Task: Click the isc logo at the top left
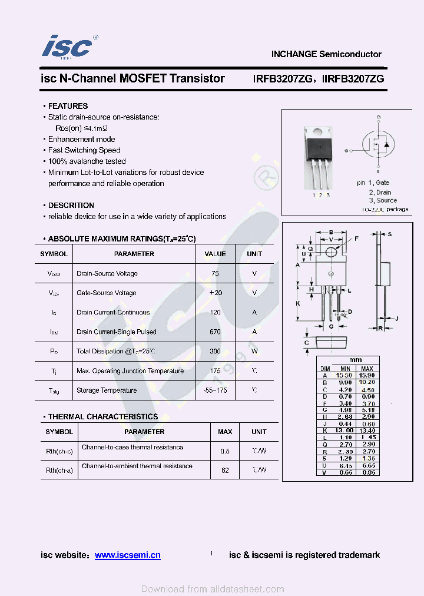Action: tap(67, 47)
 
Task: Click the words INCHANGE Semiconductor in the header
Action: tap(326, 54)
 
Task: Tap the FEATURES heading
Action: tap(68, 106)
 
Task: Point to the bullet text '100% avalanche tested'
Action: tap(87, 161)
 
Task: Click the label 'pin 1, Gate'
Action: tap(373, 183)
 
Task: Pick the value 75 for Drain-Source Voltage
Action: tap(215, 273)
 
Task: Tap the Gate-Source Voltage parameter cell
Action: tap(107, 293)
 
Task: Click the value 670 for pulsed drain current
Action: tap(215, 332)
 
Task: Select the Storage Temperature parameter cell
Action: tap(107, 390)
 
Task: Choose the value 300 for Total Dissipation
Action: tap(215, 352)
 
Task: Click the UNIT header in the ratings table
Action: tap(254, 254)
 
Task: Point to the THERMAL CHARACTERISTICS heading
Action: tap(103, 416)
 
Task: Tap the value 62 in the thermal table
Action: tap(225, 470)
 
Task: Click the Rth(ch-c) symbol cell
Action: tap(59, 451)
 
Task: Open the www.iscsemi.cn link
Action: tap(127, 555)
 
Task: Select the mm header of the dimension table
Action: tap(355, 360)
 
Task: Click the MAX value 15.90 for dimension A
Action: tap(367, 375)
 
